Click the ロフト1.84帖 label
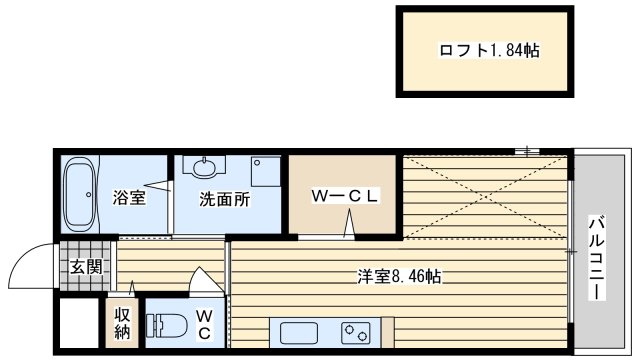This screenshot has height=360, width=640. (x=489, y=51)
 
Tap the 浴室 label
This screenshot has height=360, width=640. (x=129, y=198)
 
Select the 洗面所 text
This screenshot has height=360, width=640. (x=224, y=199)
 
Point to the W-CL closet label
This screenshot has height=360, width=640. (x=345, y=196)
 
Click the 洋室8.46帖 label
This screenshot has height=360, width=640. (x=399, y=277)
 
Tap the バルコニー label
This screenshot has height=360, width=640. (x=597, y=258)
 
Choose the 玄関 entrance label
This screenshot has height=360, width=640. (x=85, y=267)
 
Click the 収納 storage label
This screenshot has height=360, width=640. (x=122, y=324)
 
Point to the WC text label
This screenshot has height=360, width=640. (x=204, y=325)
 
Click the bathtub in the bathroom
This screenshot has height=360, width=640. (x=80, y=195)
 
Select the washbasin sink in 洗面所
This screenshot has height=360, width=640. (x=204, y=168)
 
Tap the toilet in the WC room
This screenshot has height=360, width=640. (x=166, y=324)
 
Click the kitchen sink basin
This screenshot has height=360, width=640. (x=299, y=333)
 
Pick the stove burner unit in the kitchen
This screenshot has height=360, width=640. (x=356, y=333)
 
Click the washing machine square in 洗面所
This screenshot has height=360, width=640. (x=266, y=171)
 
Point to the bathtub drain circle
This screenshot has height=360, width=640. (x=89, y=195)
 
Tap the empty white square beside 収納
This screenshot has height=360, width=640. (x=80, y=323)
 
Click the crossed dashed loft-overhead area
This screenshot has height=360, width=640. (x=485, y=197)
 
